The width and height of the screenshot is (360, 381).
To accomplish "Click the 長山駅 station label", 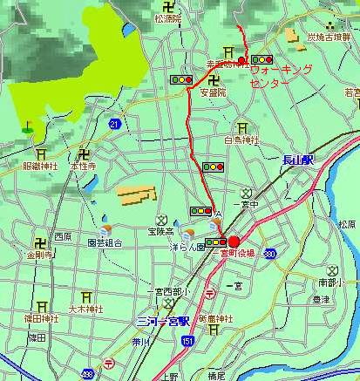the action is [297, 160].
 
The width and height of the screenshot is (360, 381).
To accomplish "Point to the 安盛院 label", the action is [213, 92].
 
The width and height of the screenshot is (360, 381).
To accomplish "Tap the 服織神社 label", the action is [40, 165].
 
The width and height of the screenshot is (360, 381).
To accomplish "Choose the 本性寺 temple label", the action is [84, 165].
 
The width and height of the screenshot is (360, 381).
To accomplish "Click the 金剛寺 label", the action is [40, 255].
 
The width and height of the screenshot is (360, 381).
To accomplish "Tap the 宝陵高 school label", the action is [160, 232].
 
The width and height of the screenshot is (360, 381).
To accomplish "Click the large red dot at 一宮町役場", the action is [234, 242].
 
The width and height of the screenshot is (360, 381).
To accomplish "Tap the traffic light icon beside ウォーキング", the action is [262, 59].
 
